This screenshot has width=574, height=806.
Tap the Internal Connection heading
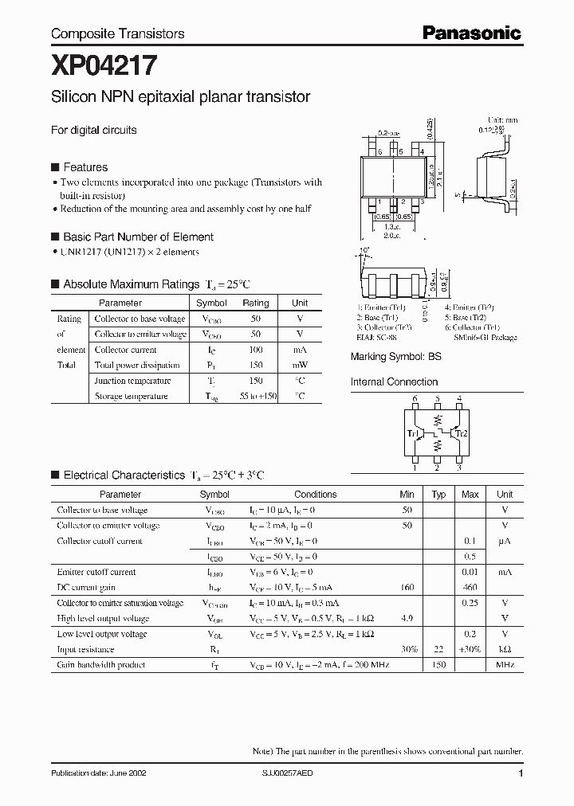click(394, 381)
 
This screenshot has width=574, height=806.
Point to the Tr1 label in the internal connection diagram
click(412, 433)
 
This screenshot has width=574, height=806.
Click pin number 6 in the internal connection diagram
click(415, 398)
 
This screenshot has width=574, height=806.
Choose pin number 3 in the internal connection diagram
click(459, 468)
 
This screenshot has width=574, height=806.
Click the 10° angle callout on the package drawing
click(365, 252)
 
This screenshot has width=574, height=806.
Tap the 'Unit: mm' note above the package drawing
click(502, 119)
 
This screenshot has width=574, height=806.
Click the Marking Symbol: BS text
click(395, 358)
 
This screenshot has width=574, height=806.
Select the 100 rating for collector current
click(255, 350)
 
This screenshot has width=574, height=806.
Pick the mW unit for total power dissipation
click(300, 365)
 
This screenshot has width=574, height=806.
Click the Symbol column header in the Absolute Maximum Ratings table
click(211, 303)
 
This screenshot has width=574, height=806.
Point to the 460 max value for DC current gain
click(470, 587)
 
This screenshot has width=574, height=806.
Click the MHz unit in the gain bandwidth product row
click(505, 664)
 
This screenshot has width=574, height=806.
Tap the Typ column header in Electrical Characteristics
click(438, 495)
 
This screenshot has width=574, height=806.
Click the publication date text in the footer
click(98, 773)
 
